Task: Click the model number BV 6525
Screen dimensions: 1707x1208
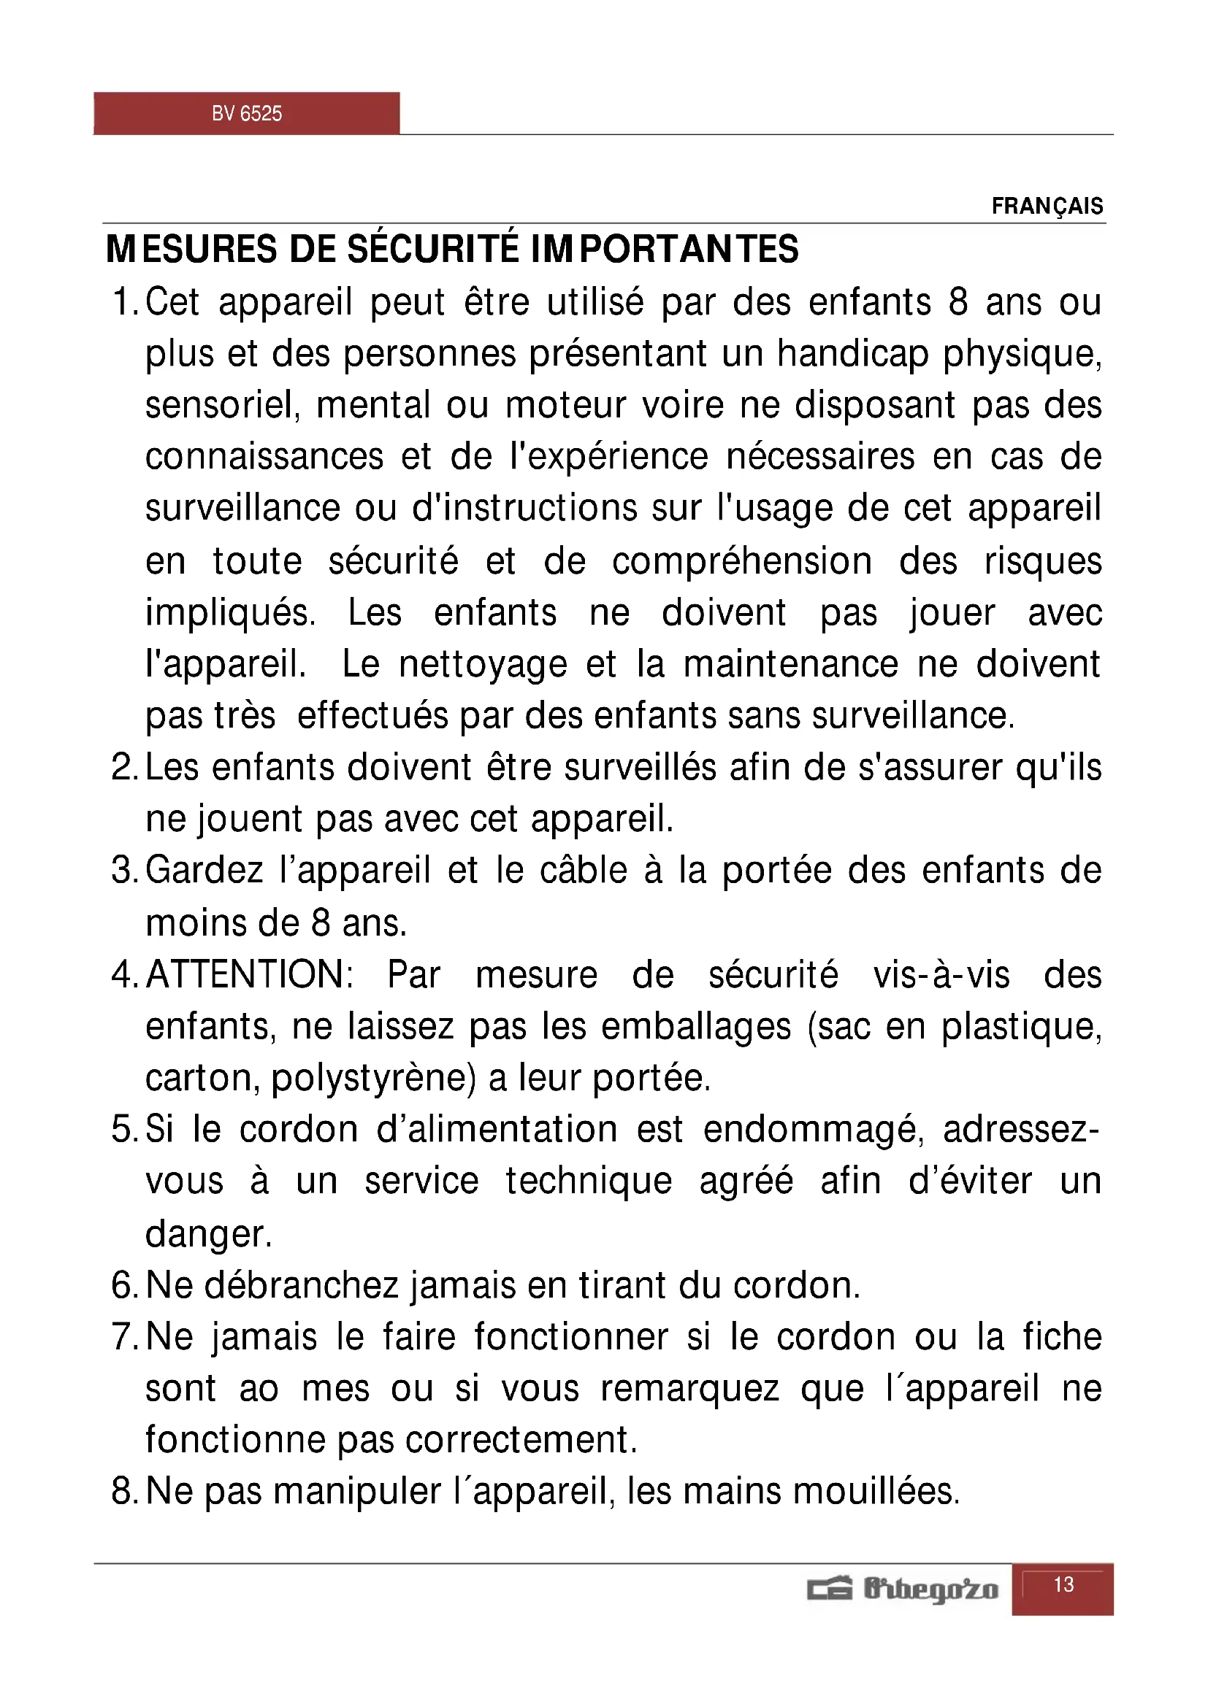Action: point(246,114)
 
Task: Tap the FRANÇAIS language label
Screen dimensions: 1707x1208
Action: point(1047,206)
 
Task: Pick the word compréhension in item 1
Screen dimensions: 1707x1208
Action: point(741,561)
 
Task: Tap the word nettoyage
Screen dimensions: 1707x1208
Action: point(483,664)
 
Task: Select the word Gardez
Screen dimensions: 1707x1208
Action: point(204,871)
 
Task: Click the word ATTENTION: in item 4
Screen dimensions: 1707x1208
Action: point(250,974)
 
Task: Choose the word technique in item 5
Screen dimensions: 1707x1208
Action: point(589,1182)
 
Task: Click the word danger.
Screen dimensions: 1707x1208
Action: point(208,1234)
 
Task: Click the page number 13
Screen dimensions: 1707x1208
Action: point(1063,1584)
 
